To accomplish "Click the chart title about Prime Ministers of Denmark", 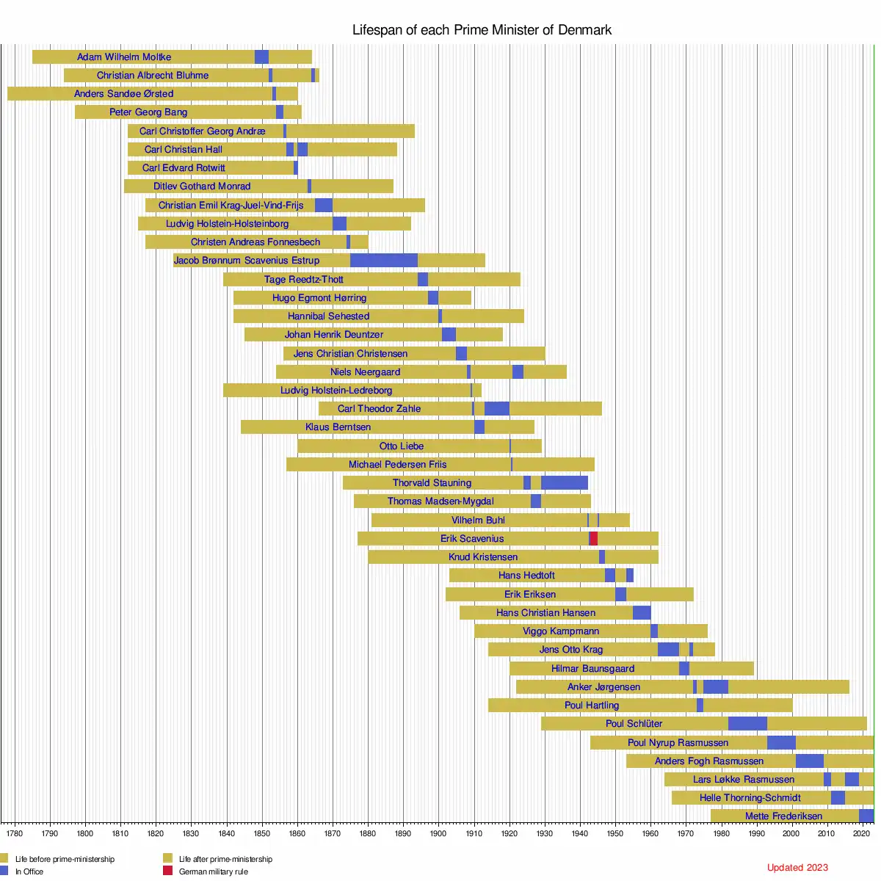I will (482, 30).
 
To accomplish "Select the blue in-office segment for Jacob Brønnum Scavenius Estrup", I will (383, 261).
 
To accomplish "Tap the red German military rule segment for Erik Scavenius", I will (594, 539).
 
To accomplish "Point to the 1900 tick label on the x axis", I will (438, 833).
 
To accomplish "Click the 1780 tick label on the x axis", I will (15, 833).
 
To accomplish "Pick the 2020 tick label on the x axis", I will (862, 833).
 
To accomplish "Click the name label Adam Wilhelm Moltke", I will (124, 57).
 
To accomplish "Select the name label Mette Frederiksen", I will (783, 816).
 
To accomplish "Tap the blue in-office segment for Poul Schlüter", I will (747, 724).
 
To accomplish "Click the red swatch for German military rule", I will (167, 871).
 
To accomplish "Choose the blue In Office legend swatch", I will (4, 871).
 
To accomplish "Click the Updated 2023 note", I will (797, 868).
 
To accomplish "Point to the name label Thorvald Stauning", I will (432, 483).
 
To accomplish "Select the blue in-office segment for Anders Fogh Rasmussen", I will (809, 761).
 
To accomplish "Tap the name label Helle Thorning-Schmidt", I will (750, 798).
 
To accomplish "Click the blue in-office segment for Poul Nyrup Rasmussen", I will (781, 743).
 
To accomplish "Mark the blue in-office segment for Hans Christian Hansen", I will (642, 613).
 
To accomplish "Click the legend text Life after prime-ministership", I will (225, 859).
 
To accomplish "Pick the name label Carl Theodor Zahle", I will (379, 409).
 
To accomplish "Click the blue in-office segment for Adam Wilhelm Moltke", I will (261, 57).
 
